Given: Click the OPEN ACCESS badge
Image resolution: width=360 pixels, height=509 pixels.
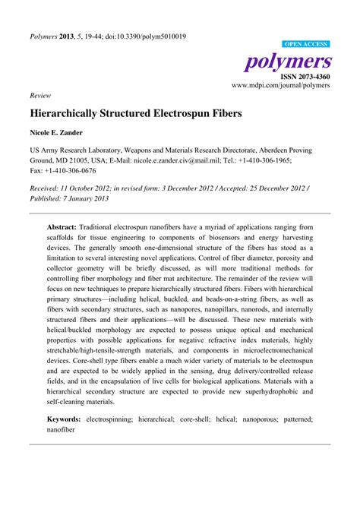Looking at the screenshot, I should pos(305,45).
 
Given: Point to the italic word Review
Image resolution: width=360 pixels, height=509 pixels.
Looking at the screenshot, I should pos(40,96).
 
